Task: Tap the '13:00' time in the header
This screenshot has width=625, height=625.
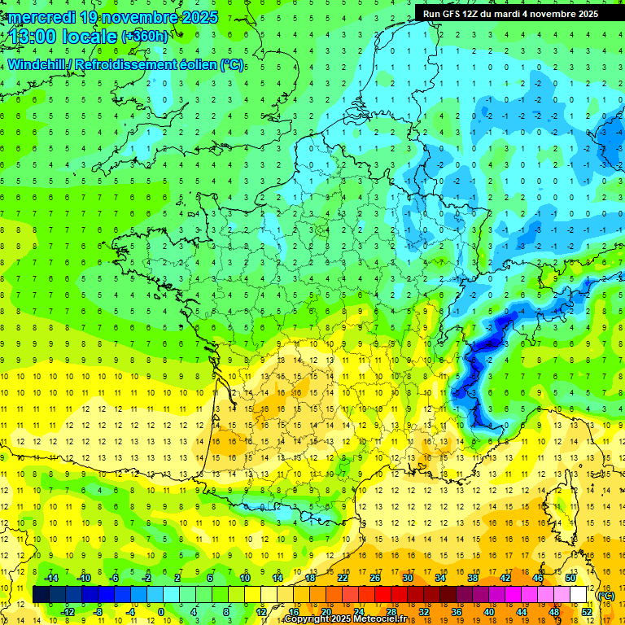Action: tap(33, 36)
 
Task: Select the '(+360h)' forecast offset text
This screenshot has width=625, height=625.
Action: tap(146, 36)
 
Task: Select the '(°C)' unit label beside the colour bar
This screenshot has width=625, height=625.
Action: tap(606, 596)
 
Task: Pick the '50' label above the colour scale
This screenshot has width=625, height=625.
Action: tap(570, 578)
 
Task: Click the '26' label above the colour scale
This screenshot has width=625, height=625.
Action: tap(375, 578)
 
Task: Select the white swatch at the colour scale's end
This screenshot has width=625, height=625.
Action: tap(579, 595)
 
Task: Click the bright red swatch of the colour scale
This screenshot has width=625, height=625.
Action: tap(383, 595)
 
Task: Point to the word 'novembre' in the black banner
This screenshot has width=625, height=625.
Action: tap(562, 14)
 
